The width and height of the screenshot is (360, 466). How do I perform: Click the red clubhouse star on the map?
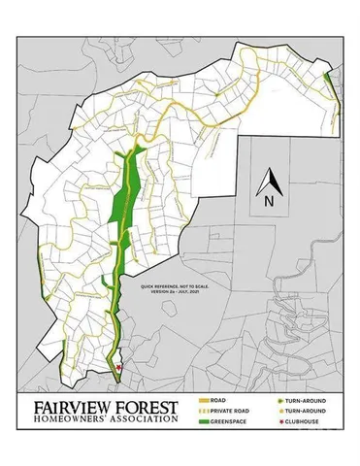[x=118, y=367]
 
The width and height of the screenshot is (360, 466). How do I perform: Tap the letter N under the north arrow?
[x=268, y=202]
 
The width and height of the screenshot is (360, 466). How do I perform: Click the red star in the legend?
[x=278, y=421]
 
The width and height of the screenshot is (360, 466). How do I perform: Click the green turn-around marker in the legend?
[x=278, y=399]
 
